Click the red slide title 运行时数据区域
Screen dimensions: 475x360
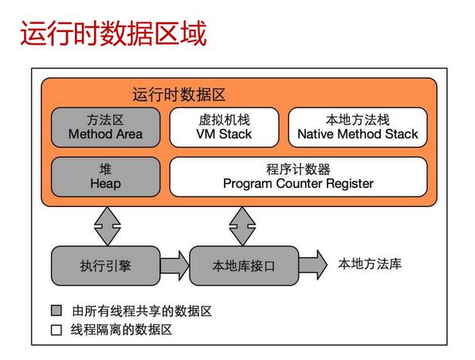pyautogui.click(x=114, y=33)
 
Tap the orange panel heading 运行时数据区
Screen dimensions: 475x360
pyautogui.click(x=179, y=95)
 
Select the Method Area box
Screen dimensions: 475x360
pyautogui.click(x=105, y=127)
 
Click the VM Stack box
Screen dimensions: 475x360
pyautogui.click(x=224, y=127)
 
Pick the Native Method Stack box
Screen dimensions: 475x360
pyautogui.click(x=358, y=127)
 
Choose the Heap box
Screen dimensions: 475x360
pyautogui.click(x=105, y=177)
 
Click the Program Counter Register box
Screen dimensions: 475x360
pyautogui.click(x=298, y=177)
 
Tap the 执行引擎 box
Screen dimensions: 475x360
pyautogui.click(x=105, y=266)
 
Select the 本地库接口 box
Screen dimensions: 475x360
pyautogui.click(x=244, y=266)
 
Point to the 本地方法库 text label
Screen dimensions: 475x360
pyautogui.click(x=370, y=264)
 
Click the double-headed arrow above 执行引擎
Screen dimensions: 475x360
pyautogui.click(x=108, y=226)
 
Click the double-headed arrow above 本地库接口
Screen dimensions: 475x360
pyautogui.click(x=242, y=226)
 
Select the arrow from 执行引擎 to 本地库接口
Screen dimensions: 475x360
pyautogui.click(x=175, y=266)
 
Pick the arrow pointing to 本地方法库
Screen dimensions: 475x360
pyautogui.click(x=313, y=265)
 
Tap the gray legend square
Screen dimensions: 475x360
pyautogui.click(x=57, y=311)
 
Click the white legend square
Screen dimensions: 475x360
pyautogui.click(x=57, y=330)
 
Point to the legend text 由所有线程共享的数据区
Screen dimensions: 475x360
pyautogui.click(x=142, y=311)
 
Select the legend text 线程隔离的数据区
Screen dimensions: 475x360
pyautogui.click(x=121, y=330)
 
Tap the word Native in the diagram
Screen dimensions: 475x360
pyautogui.click(x=316, y=134)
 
